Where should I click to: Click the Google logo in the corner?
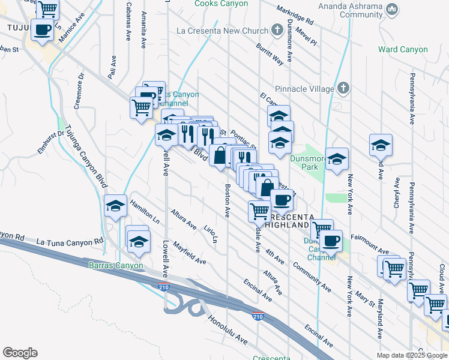click(20, 353)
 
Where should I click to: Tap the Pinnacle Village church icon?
click(343, 89)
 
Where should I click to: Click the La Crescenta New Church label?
click(222, 29)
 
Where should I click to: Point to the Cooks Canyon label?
click(221, 4)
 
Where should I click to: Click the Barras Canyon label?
click(116, 265)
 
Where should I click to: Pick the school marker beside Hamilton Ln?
click(115, 206)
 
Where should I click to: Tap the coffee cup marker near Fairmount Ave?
click(330, 241)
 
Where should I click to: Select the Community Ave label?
click(312, 277)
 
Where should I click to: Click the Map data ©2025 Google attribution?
click(412, 355)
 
